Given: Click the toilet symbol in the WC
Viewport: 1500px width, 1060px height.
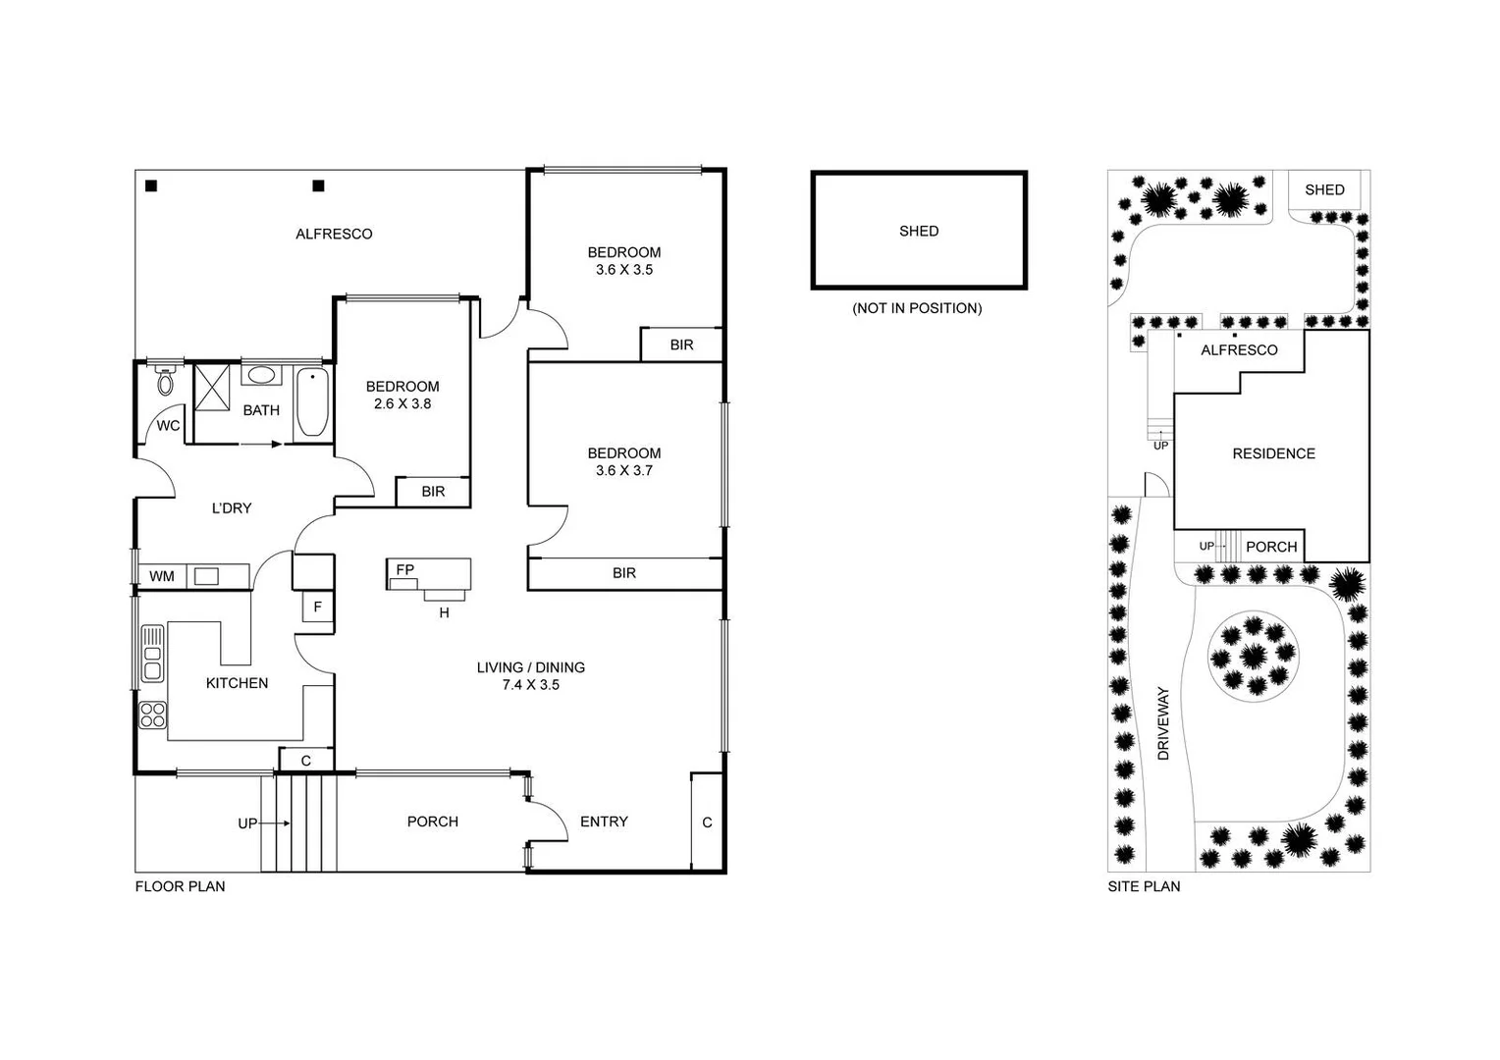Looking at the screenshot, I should point(166,380).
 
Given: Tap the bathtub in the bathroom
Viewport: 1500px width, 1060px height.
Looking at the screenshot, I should point(312,402).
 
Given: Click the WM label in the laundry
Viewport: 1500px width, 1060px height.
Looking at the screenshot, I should point(162,576).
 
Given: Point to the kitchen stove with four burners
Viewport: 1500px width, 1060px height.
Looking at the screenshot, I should point(153,715).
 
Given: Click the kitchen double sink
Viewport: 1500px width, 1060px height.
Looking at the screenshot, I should point(152,654).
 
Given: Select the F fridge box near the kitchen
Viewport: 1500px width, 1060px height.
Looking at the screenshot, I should point(317,608).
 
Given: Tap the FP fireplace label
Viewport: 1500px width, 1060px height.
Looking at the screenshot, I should point(404,569).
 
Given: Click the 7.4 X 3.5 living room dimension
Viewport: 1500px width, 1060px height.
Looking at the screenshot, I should point(530,685).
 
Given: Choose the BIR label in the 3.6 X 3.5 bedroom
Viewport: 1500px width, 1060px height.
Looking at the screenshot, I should point(681,345).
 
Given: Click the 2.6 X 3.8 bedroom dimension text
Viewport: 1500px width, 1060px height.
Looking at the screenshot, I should point(402,403).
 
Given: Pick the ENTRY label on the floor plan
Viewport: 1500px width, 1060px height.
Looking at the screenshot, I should point(604,821).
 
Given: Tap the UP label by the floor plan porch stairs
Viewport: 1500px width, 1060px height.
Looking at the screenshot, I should point(247,823).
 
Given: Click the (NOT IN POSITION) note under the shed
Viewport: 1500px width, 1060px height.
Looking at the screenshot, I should point(917,308).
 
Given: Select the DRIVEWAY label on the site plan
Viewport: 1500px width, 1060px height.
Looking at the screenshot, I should point(1163,723).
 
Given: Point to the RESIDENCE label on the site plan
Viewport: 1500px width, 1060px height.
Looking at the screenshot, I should point(1273,453).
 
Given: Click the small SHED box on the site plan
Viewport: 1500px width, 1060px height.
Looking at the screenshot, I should point(1324,190).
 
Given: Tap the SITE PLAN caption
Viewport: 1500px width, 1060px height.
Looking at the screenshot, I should point(1144,886).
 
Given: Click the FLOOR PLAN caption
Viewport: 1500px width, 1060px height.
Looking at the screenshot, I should point(180,886).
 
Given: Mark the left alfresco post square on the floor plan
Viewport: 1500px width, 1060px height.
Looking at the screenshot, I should point(151,185).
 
